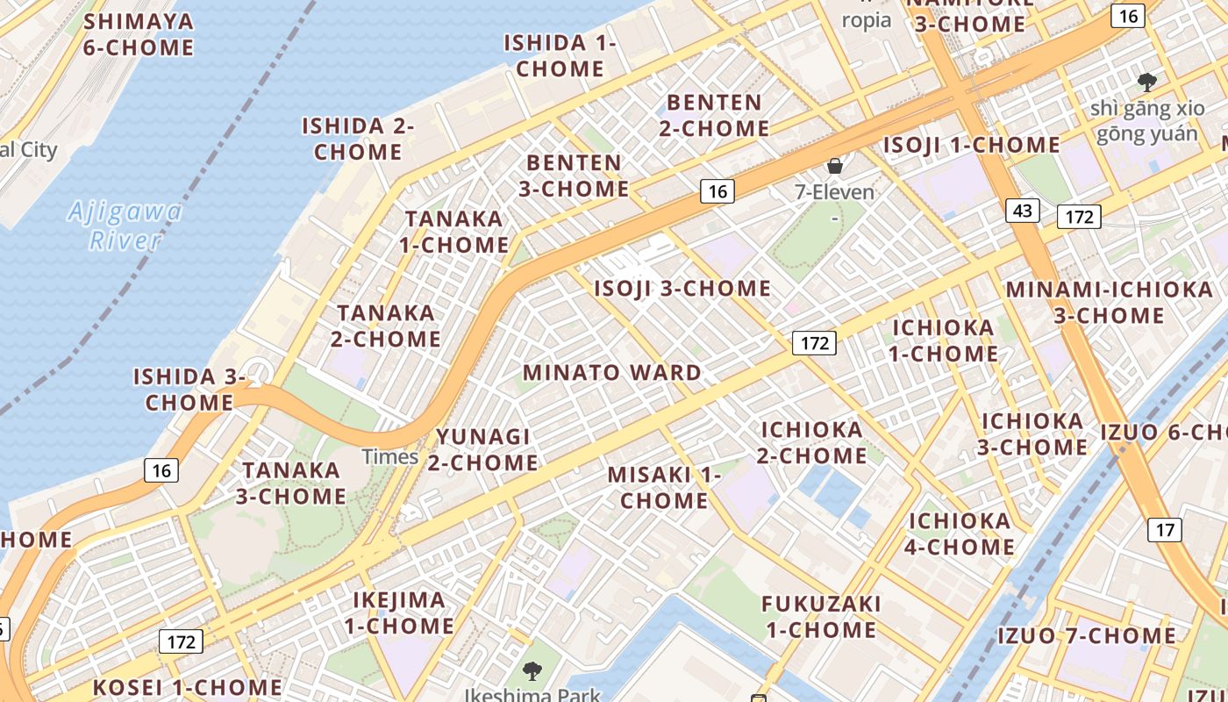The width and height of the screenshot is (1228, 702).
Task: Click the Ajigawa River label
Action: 125,226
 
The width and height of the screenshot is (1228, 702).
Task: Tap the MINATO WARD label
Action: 612,373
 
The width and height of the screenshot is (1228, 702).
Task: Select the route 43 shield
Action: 1023,211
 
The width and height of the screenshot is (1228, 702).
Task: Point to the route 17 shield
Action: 1165,529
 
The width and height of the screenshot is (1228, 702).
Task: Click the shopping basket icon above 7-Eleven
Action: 834,165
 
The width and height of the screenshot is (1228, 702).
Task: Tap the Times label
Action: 390,456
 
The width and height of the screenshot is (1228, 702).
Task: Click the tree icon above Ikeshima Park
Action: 532,672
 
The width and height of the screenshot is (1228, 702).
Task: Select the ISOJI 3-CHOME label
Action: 682,289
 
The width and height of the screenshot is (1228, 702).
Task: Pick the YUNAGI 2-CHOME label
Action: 483,449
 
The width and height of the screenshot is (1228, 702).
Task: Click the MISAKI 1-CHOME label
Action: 664,488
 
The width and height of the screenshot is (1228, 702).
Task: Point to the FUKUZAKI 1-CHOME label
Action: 821,617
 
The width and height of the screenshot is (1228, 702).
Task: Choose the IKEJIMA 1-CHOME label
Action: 399,613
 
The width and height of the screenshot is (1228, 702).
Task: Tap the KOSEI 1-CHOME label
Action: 188,687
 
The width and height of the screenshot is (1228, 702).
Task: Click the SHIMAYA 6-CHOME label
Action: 139,34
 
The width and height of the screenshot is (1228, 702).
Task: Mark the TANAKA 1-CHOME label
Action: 454,232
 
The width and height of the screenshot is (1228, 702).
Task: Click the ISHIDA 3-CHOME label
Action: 189,390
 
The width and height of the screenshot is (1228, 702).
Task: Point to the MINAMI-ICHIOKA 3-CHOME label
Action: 1110,302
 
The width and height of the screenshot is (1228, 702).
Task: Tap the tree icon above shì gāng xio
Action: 1146,82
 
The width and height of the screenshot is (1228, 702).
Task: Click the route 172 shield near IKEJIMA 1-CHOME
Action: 181,641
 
